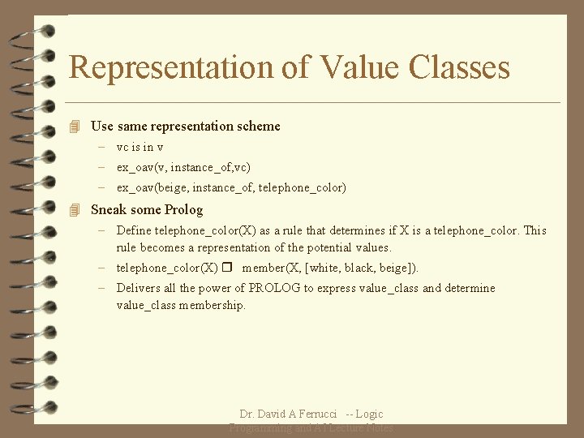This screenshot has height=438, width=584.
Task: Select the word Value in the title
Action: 354,67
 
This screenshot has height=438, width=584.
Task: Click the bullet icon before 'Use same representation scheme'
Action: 75,127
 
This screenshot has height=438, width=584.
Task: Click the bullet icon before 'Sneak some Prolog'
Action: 75,210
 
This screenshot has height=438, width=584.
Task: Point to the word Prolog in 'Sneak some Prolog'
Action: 183,210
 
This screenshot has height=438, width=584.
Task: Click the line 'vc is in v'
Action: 140,147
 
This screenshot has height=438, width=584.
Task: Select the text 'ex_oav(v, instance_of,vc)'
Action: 183,167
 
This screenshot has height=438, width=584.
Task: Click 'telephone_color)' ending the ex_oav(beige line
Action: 302,187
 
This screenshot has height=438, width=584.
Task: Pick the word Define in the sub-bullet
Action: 134,230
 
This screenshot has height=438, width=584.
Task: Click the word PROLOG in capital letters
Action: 274,288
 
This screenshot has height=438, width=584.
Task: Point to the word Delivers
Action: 137,288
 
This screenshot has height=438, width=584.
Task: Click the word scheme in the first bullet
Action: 259,127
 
